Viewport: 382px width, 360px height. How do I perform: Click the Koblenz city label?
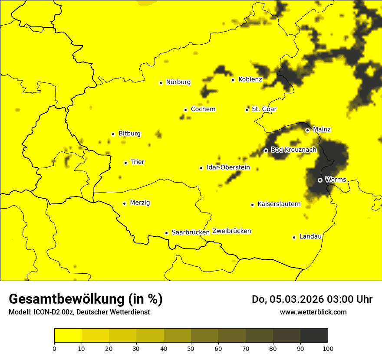(x=250, y=79)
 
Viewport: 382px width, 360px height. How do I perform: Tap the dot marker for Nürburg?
(x=161, y=83)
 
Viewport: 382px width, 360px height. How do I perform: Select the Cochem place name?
(x=203, y=109)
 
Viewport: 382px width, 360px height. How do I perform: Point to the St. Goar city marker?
(x=247, y=110)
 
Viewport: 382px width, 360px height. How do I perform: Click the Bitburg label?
(x=129, y=134)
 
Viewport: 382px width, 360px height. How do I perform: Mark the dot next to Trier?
(x=126, y=163)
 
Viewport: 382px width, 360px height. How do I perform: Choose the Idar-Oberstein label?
(x=228, y=167)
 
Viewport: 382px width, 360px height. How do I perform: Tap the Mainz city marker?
(x=307, y=130)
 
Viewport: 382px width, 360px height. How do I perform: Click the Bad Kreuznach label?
(x=293, y=150)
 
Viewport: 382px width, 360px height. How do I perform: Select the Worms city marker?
(x=320, y=180)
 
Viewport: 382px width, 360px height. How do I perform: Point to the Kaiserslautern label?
(x=279, y=204)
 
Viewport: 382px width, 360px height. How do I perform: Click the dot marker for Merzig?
(x=124, y=203)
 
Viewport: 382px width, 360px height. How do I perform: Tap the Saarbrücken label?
(x=191, y=232)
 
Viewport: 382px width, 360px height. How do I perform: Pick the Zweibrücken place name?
(x=232, y=231)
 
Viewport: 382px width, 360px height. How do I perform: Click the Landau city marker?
(x=294, y=237)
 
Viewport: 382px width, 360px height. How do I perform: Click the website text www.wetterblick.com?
(x=313, y=312)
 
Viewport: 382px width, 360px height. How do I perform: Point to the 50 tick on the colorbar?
(x=191, y=348)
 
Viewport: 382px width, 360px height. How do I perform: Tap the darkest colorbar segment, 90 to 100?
(x=314, y=336)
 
